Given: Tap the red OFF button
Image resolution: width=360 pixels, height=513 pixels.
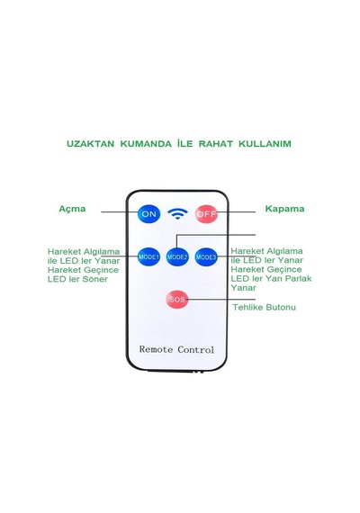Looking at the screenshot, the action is click(x=206, y=214).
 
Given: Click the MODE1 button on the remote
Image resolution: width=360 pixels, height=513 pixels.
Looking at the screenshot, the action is click(x=148, y=256).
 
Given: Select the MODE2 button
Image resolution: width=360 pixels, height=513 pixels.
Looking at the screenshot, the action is click(x=177, y=256).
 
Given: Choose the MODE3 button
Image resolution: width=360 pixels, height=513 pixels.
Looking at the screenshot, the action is click(x=206, y=256).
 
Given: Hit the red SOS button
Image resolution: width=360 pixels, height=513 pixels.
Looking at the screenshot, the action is click(x=177, y=300).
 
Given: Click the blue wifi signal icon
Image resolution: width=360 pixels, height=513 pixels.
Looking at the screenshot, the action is click(x=177, y=214).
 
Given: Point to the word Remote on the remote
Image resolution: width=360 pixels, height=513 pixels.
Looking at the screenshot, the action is click(x=156, y=349).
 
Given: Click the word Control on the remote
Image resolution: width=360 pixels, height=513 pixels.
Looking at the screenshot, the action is click(x=195, y=349).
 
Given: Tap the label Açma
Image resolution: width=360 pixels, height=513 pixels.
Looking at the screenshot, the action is click(x=72, y=209).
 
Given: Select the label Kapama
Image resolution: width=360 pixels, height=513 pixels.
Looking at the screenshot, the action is click(x=284, y=209).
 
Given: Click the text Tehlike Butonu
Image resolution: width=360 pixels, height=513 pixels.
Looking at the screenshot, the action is click(x=264, y=307).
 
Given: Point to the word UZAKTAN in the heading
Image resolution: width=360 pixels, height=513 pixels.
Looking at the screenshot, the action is click(x=90, y=144).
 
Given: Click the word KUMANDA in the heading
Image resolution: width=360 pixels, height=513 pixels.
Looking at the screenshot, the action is click(x=146, y=144).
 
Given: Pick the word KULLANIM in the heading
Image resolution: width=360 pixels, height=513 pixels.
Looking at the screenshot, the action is click(x=265, y=144).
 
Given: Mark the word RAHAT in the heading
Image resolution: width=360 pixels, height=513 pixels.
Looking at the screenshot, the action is click(x=216, y=144).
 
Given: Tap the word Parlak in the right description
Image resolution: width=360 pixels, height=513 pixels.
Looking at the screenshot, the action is click(x=298, y=278).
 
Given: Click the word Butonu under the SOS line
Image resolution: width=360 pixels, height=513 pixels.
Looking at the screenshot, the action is click(x=281, y=307).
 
